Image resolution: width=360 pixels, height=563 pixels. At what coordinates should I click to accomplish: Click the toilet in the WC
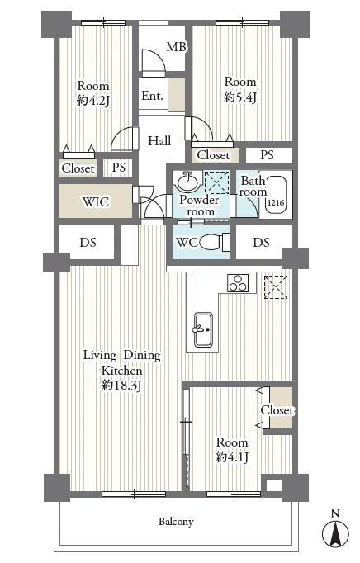click(x=214, y=243)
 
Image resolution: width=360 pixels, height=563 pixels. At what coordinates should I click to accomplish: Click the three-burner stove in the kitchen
click(x=238, y=282)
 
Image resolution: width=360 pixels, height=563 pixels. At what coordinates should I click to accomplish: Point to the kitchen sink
click(x=203, y=329)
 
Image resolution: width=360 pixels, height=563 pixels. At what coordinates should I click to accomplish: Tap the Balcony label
click(x=176, y=522)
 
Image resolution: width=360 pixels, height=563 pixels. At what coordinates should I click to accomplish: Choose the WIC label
click(x=96, y=201)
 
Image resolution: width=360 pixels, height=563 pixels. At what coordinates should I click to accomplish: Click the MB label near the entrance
click(x=177, y=47)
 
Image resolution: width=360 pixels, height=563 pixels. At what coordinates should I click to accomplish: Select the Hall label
click(x=159, y=140)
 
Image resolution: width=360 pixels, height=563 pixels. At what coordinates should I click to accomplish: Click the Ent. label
click(x=152, y=96)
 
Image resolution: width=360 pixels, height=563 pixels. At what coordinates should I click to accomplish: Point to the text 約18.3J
click(x=122, y=386)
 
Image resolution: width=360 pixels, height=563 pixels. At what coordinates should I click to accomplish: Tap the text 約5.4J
click(x=240, y=97)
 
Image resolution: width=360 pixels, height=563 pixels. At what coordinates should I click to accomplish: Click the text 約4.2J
click(x=93, y=101)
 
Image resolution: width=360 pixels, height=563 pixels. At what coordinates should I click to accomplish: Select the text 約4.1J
click(x=232, y=457)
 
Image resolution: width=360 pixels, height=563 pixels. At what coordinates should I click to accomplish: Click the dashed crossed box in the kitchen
click(x=276, y=287)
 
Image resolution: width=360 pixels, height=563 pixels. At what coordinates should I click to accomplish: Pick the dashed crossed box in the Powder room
click(x=216, y=182)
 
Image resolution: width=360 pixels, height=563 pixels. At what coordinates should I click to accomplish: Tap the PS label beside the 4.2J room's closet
click(x=119, y=168)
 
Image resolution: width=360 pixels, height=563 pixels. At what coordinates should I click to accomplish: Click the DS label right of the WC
click(x=261, y=243)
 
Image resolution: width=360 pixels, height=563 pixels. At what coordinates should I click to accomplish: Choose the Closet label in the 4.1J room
click(x=277, y=410)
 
